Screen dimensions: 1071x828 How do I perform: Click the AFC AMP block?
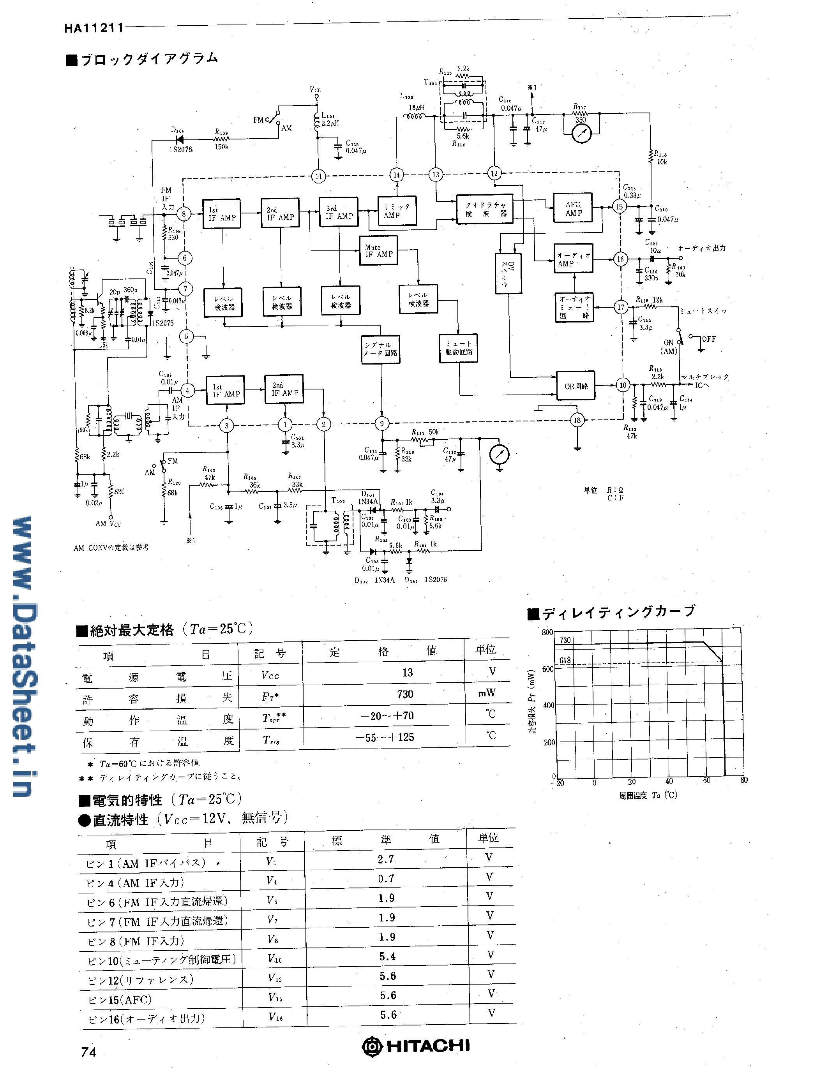(x=572, y=208)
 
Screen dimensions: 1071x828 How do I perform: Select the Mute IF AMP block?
(x=378, y=250)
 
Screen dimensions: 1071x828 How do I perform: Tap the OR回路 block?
(x=576, y=386)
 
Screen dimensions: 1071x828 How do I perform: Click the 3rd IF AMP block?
(x=339, y=212)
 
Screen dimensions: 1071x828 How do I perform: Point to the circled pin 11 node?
(x=318, y=176)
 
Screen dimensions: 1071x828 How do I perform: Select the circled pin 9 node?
(x=381, y=423)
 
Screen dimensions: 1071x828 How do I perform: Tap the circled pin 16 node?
(x=620, y=259)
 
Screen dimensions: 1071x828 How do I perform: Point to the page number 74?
(x=89, y=1052)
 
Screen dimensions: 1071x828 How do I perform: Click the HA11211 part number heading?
(x=94, y=28)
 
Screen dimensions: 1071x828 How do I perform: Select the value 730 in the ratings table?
(x=405, y=694)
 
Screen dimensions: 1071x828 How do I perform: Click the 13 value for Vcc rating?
(x=407, y=672)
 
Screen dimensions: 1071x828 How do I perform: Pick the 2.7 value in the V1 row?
(x=385, y=859)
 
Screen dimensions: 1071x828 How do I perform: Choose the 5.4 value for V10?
(x=387, y=956)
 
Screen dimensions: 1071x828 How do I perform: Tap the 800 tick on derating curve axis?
(x=547, y=632)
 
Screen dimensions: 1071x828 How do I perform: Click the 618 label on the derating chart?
(x=565, y=660)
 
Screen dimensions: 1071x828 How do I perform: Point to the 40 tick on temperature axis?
(x=669, y=781)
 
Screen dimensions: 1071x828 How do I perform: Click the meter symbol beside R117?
(x=582, y=133)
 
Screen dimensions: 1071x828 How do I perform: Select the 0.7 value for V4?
(x=385, y=878)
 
